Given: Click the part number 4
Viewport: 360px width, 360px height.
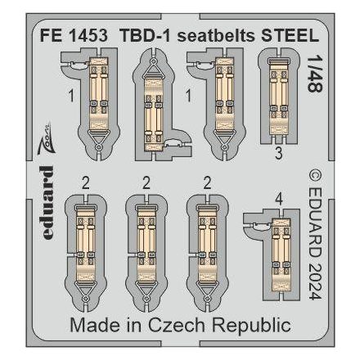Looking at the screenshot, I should tap(280, 196).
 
